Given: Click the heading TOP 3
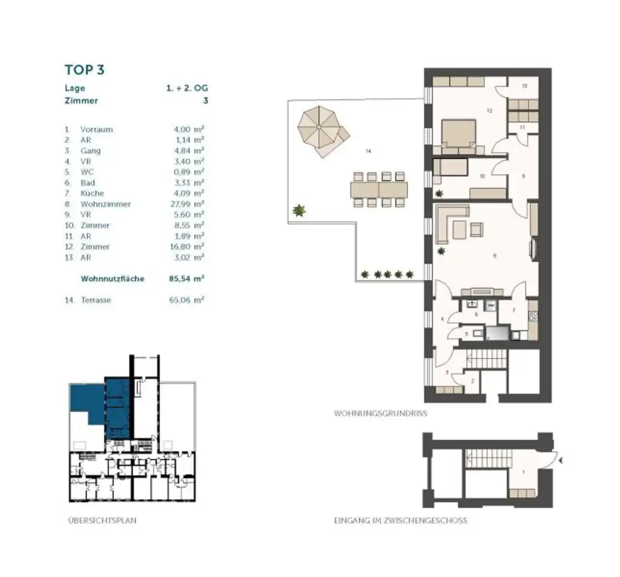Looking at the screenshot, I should (85, 70).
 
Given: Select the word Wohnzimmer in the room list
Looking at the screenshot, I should (105, 204).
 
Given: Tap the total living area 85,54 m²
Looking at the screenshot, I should (186, 279).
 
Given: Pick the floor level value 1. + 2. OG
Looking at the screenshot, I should (187, 88).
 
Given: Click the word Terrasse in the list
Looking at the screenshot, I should (96, 300).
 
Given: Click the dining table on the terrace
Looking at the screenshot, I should (378, 189).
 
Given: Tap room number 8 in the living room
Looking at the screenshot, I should (495, 256).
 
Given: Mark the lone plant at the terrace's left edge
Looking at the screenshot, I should (298, 211).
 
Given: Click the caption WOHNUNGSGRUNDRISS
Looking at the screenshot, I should (381, 414).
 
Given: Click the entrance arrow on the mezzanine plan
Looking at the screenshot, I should (563, 461).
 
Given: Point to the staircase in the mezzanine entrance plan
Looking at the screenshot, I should (484, 459).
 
